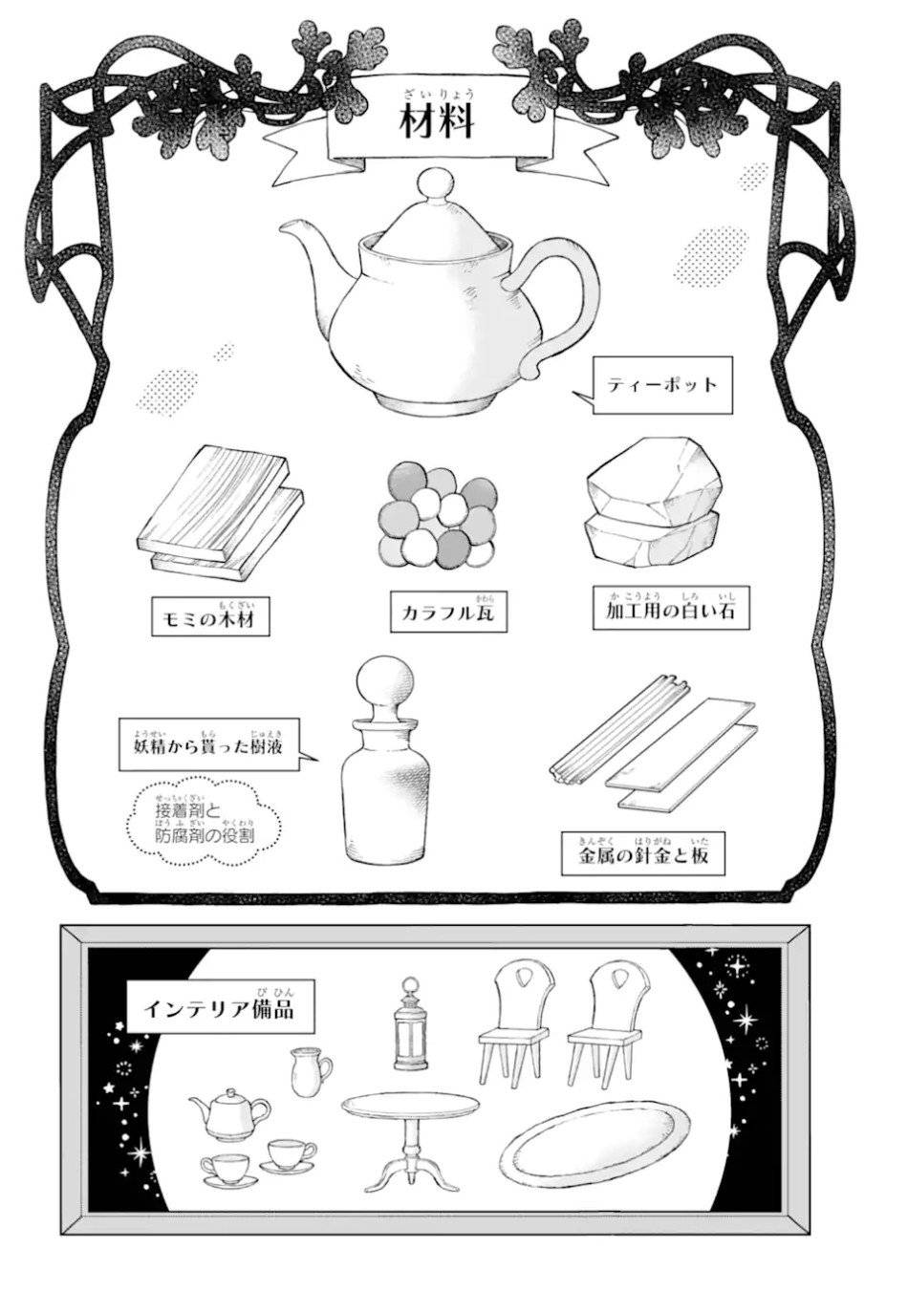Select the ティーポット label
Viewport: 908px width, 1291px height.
pyautogui.click(x=661, y=385)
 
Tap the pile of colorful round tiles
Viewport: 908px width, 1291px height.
pyautogui.click(x=439, y=516)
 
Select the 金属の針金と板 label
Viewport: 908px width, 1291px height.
pyautogui.click(x=643, y=853)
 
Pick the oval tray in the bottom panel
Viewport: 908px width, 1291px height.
pyautogui.click(x=592, y=1147)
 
